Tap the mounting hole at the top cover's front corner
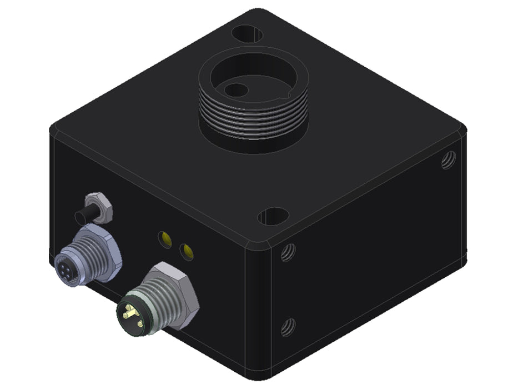point(273,216)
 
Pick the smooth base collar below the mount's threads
point(254,143)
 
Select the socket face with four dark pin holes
point(66,260)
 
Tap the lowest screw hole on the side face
point(286,327)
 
